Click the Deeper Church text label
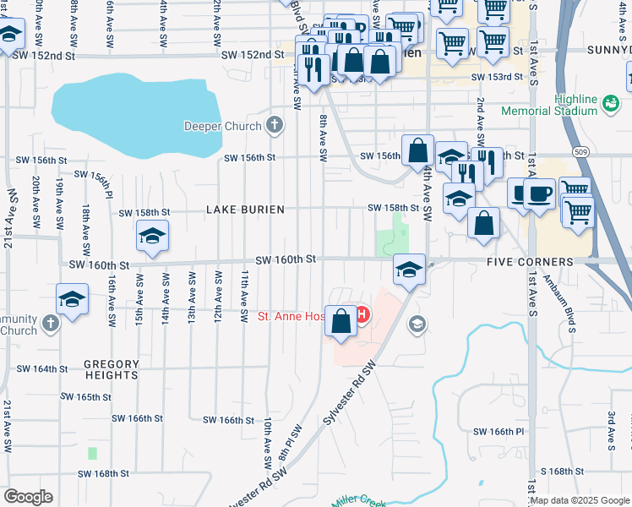coord(223,127)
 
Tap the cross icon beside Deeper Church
coord(273,127)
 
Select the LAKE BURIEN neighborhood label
coord(242,209)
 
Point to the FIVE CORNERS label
coord(530,262)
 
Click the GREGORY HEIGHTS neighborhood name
coord(112,369)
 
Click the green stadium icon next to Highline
coord(610,103)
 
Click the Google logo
coord(28,497)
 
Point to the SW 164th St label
coord(40,369)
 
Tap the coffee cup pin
coord(539,194)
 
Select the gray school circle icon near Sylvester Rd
coord(417,324)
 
